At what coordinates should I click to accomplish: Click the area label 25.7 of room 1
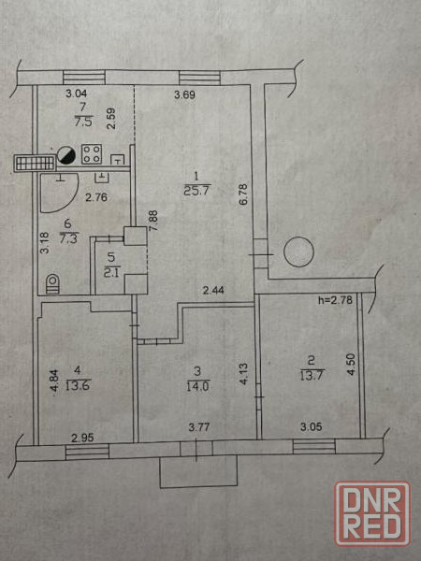pyautogui.click(x=196, y=191)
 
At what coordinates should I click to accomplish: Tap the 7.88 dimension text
pyautogui.click(x=152, y=221)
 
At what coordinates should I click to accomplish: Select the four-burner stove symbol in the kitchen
pyautogui.click(x=92, y=154)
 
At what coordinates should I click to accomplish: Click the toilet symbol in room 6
pyautogui.click(x=52, y=283)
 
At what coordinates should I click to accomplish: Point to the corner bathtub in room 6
pyautogui.click(x=58, y=193)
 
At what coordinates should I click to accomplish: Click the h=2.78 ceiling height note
pyautogui.click(x=335, y=300)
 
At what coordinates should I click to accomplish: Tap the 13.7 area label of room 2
pyautogui.click(x=312, y=375)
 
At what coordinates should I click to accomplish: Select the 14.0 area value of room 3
pyautogui.click(x=197, y=387)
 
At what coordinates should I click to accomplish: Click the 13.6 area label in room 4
pyautogui.click(x=78, y=385)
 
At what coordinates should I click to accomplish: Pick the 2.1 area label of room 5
pyautogui.click(x=112, y=271)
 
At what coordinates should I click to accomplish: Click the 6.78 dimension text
pyautogui.click(x=244, y=194)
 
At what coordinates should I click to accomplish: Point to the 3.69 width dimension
pyautogui.click(x=184, y=94)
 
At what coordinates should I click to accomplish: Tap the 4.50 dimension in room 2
pyautogui.click(x=351, y=365)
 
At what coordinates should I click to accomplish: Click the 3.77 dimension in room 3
pyautogui.click(x=199, y=427)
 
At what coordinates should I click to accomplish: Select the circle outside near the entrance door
pyautogui.click(x=299, y=252)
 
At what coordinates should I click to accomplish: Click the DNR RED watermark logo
pyautogui.click(x=372, y=514)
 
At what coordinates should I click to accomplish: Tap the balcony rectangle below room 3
pyautogui.click(x=198, y=471)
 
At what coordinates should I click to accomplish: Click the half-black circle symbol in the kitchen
pyautogui.click(x=66, y=155)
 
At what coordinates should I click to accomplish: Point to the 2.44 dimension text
pyautogui.click(x=213, y=290)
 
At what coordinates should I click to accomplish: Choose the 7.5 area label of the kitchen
pyautogui.click(x=83, y=122)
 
